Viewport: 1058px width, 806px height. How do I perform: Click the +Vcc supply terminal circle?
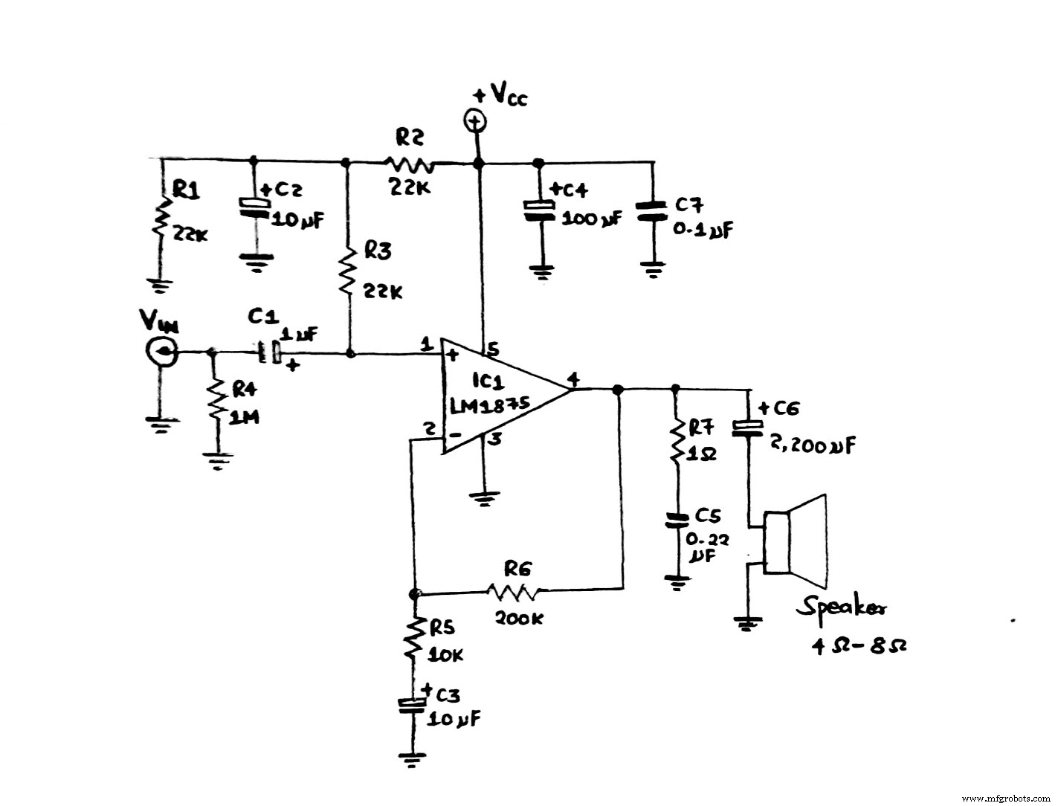point(475,119)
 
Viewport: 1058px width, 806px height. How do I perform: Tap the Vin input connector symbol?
point(161,351)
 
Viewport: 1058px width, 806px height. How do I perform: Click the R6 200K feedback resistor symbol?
point(517,591)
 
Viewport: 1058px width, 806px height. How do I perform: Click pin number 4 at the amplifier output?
point(572,379)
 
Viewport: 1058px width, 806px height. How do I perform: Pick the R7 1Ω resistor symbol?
point(676,442)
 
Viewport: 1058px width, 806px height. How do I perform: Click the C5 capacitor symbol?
point(676,519)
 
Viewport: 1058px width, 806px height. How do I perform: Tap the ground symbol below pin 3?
point(484,497)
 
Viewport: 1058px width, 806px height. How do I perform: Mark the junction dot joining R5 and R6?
point(415,594)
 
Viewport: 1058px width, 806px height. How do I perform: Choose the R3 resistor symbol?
point(347,273)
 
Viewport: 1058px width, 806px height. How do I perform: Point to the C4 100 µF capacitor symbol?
point(540,210)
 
